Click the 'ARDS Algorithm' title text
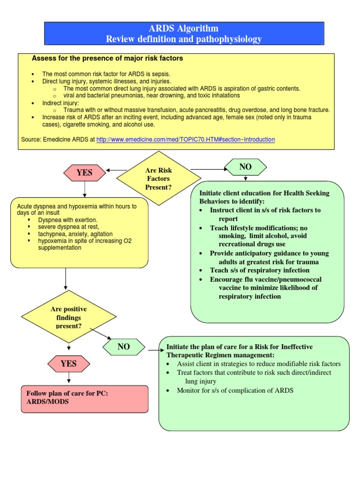pyautogui.click(x=184, y=29)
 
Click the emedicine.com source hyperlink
pyautogui.click(x=185, y=140)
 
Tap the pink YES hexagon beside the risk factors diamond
pyautogui.click(x=84, y=172)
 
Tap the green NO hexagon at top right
pyautogui.click(x=246, y=167)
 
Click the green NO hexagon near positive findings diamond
pyautogui.click(x=124, y=347)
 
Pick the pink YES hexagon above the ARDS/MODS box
pyautogui.click(x=68, y=363)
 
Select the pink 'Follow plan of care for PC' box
pyautogui.click(x=84, y=397)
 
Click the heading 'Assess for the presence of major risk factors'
pyautogui.click(x=107, y=59)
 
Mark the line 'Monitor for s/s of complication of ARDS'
pyautogui.click(x=235, y=390)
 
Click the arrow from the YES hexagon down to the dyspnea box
pyautogui.click(x=84, y=189)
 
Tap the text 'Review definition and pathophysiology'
pyautogui.click(x=184, y=39)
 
